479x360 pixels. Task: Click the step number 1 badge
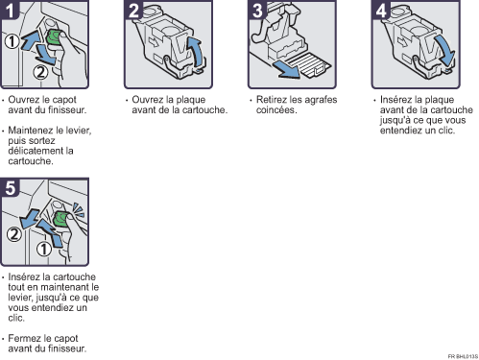click(10, 10)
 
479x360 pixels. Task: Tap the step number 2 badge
click(133, 10)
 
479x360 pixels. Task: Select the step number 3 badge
click(257, 10)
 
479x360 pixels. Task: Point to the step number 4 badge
click(381, 10)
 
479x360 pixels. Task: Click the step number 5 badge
click(10, 187)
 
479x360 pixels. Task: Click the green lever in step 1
click(54, 36)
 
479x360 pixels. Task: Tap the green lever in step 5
click(60, 219)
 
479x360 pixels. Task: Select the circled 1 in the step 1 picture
click(12, 41)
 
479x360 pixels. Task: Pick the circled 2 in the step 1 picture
click(40, 72)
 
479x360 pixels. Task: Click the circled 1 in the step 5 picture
click(44, 249)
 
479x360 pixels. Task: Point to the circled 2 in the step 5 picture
click(14, 234)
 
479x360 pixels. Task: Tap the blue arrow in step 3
click(286, 69)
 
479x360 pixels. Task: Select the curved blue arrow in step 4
click(444, 50)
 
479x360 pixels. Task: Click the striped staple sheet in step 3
click(308, 65)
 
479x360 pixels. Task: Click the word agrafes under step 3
click(321, 100)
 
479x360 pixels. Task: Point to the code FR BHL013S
click(463, 356)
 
